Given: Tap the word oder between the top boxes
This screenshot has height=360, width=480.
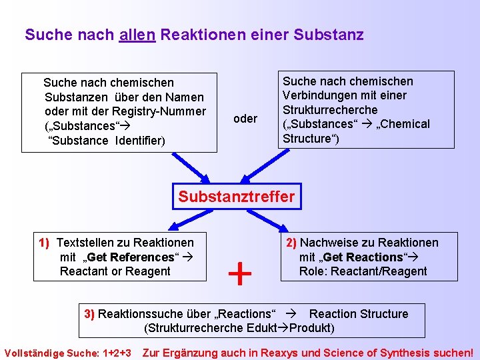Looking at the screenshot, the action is (x=245, y=119).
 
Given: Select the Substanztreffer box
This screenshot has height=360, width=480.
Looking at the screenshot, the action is (x=236, y=197).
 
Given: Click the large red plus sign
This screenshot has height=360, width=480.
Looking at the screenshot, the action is (x=240, y=273).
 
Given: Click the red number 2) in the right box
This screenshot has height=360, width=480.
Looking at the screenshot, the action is (x=292, y=243).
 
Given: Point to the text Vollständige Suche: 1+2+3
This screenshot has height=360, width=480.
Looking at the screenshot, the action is (x=68, y=353).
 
